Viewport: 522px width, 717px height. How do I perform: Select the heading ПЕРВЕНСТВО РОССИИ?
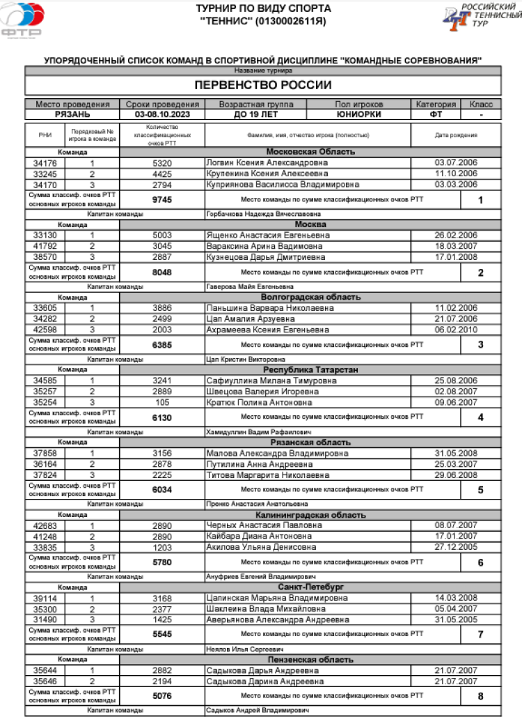(x=262, y=85)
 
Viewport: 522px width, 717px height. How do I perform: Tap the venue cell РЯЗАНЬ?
(x=72, y=114)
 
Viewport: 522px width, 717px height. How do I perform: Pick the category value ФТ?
(x=436, y=114)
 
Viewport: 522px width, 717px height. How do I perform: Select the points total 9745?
(x=161, y=199)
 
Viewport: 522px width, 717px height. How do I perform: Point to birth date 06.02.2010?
(x=456, y=330)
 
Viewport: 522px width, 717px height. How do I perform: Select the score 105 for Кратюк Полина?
(x=161, y=402)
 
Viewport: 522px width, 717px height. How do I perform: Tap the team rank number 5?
(x=480, y=490)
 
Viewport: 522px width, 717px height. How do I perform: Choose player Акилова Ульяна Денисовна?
(x=255, y=548)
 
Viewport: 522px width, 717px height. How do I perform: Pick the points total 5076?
(x=161, y=695)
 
